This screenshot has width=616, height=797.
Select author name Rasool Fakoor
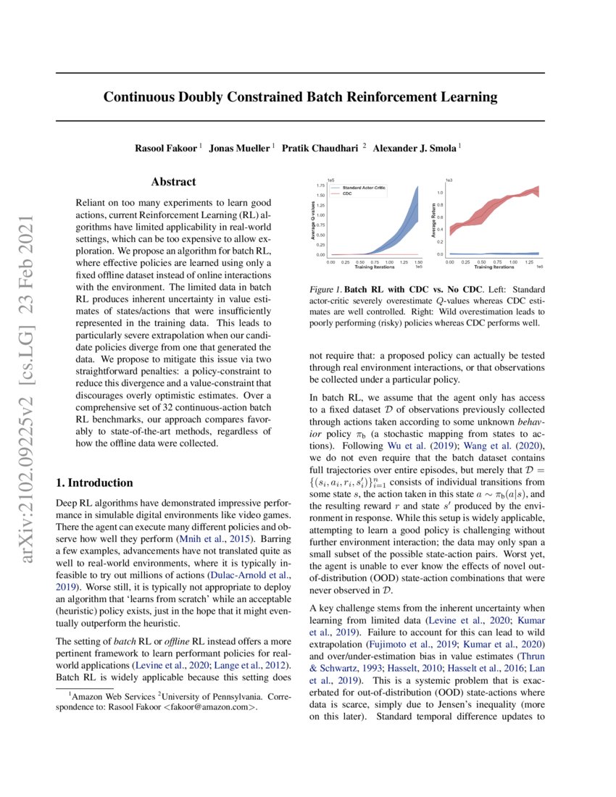(x=166, y=149)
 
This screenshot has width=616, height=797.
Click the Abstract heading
(x=173, y=183)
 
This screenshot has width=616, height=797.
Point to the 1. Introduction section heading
(x=94, y=483)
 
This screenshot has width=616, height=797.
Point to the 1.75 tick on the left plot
(x=320, y=185)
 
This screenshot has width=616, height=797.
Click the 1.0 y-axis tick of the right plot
(x=440, y=193)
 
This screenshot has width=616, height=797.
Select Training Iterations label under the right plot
(x=494, y=267)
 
